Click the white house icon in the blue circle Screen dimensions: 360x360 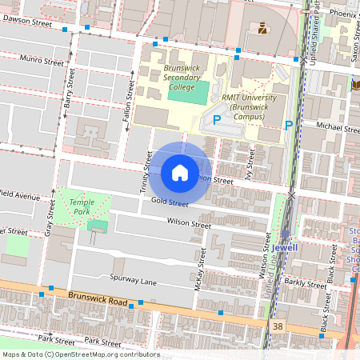180,172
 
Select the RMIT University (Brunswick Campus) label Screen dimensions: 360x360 249,106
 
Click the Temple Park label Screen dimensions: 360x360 82,207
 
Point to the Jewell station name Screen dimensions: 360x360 284,248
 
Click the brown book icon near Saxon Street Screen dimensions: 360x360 355,85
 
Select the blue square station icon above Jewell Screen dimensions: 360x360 285,234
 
